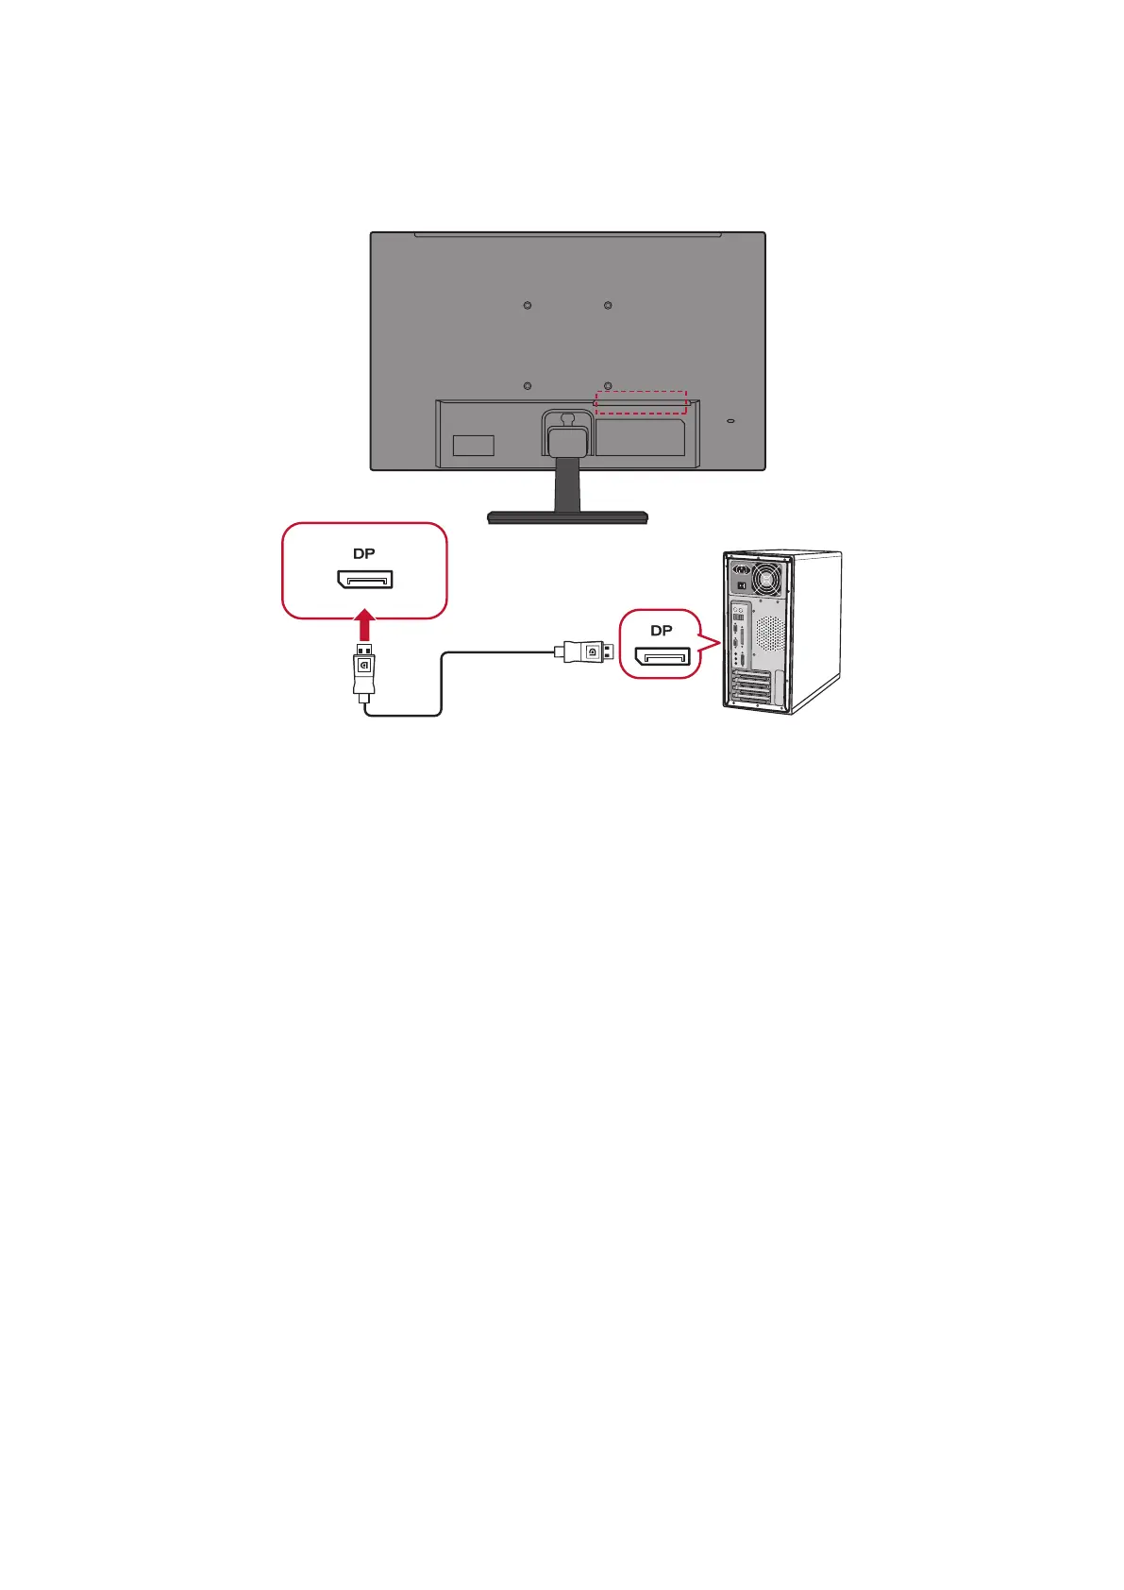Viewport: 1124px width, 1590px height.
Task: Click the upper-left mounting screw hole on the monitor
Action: click(x=528, y=305)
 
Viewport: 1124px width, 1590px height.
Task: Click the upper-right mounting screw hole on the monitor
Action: click(x=609, y=305)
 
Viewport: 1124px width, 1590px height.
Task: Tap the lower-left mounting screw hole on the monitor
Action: click(x=528, y=385)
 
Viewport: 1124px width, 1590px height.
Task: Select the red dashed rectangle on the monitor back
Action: click(x=641, y=402)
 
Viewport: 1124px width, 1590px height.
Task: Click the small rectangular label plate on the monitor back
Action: click(x=473, y=445)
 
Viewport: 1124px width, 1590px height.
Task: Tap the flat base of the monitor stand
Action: click(x=567, y=516)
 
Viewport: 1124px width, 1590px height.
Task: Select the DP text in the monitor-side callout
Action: click(x=364, y=554)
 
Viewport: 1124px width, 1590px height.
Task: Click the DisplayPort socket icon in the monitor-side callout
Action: click(x=365, y=579)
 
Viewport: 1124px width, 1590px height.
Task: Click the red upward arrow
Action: click(x=365, y=625)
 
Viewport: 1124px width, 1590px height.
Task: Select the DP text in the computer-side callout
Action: click(x=662, y=631)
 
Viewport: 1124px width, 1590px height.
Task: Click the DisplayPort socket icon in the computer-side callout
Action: click(x=663, y=656)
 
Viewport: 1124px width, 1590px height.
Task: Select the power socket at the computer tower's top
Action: click(x=742, y=569)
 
